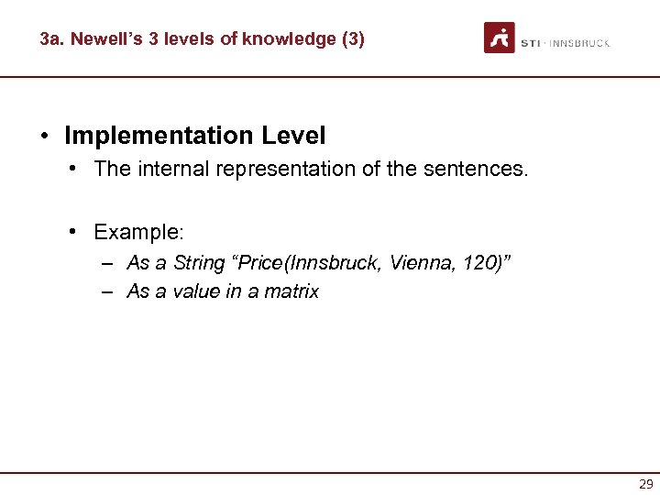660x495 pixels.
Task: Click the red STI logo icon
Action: pos(500,38)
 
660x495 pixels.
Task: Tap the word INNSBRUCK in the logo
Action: pos(581,43)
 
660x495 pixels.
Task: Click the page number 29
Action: pos(646,484)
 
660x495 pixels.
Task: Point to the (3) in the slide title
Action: pos(352,39)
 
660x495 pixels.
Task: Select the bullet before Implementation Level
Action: pos(44,137)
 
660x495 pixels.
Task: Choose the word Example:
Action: pos(139,230)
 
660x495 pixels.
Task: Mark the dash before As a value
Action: pos(108,291)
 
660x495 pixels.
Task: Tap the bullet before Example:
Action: pos(72,230)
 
